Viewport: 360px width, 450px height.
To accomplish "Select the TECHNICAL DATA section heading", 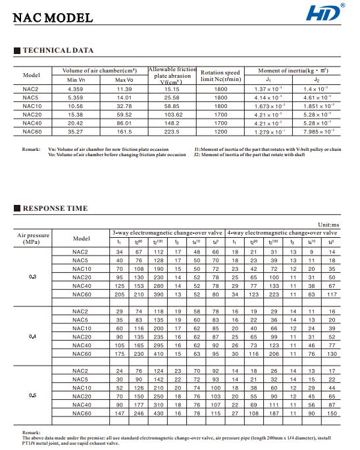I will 58,50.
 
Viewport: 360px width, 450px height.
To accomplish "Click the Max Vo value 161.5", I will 124,131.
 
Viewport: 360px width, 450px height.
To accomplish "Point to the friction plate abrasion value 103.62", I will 172,114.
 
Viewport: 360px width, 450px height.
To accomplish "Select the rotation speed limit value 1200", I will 220,131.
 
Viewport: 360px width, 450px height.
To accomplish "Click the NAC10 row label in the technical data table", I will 32,105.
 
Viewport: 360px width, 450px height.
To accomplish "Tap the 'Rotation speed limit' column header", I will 220,76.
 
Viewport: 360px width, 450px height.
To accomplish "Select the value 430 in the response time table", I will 159,413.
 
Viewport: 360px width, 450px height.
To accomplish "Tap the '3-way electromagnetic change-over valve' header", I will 167,233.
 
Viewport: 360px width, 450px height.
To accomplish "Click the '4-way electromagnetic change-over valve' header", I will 282,233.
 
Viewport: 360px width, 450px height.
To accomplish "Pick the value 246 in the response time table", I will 139,413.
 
